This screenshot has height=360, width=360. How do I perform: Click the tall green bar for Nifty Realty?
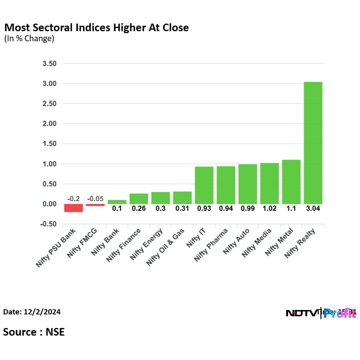(313, 143)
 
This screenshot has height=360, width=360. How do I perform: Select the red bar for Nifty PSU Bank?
(74, 208)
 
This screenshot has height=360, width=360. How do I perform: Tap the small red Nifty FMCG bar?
(95, 205)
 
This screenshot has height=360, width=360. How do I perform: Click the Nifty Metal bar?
(291, 182)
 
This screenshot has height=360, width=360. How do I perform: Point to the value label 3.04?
(313, 209)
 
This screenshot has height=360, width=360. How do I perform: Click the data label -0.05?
(95, 199)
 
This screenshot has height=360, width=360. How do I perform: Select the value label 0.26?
(139, 209)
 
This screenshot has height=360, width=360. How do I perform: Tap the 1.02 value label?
(269, 209)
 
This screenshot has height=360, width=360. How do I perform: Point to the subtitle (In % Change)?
(29, 39)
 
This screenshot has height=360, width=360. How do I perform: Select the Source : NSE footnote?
(34, 332)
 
